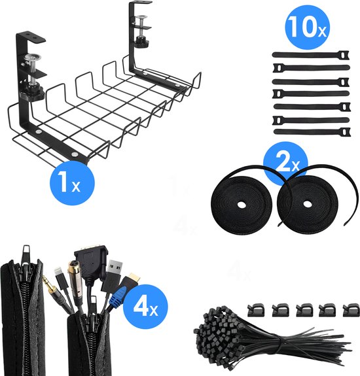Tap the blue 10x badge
pyautogui.click(x=304, y=28)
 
